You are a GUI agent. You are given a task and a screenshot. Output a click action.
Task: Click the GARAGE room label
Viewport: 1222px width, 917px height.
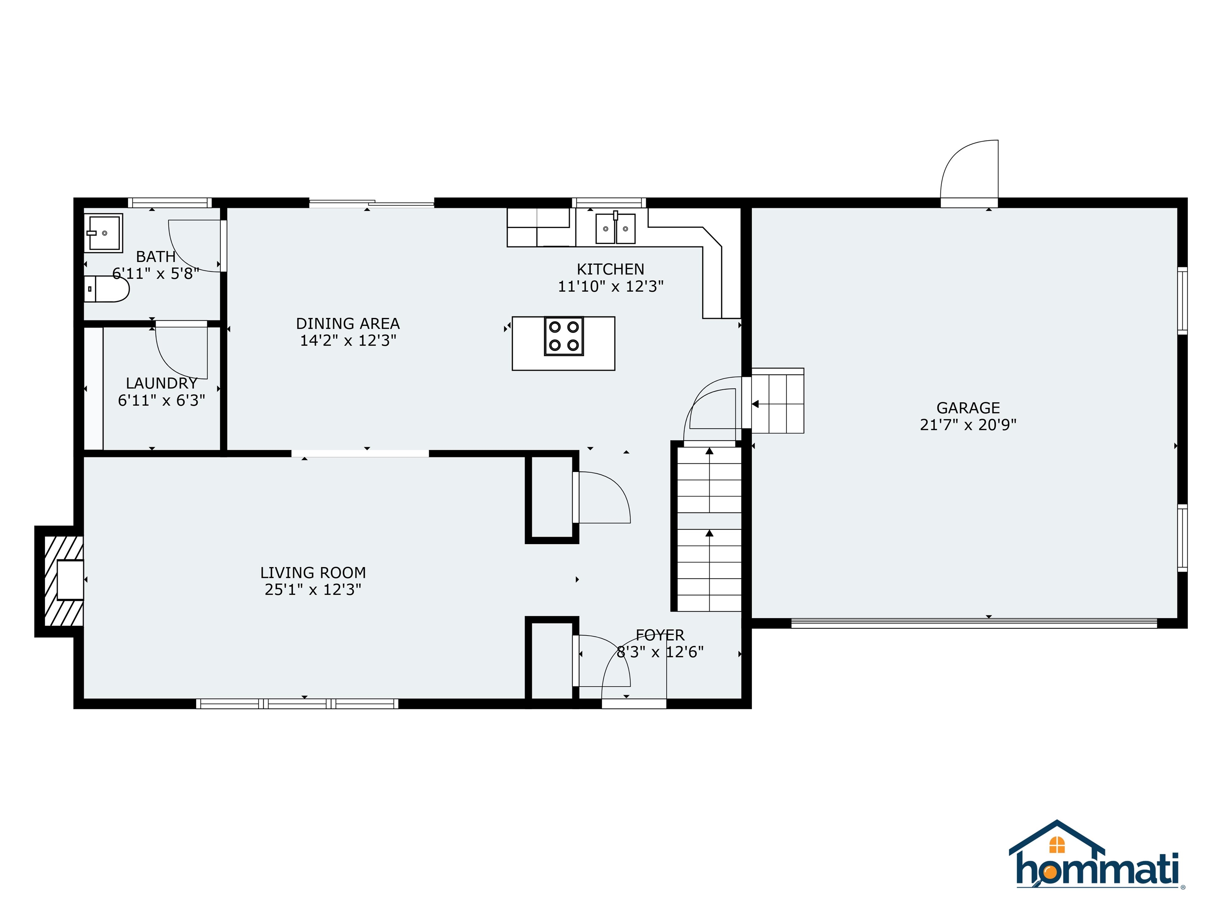[x=968, y=408]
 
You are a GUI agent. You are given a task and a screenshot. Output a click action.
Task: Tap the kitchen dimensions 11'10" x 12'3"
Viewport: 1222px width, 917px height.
[x=611, y=286]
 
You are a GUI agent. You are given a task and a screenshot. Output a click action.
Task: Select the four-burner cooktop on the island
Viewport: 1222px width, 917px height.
[x=564, y=336]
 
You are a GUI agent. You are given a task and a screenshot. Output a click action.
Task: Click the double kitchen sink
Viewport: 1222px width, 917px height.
[x=615, y=229]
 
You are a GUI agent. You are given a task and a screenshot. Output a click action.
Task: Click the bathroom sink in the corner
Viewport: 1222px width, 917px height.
[x=103, y=233]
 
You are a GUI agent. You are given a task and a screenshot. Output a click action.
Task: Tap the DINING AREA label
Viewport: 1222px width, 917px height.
[x=348, y=323]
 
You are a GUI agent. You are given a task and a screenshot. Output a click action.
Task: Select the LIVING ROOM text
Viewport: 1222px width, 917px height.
[x=313, y=573]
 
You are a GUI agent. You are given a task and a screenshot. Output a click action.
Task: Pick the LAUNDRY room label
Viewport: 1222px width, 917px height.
[x=162, y=383]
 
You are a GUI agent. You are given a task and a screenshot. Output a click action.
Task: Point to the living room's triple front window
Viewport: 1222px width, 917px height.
[x=297, y=704]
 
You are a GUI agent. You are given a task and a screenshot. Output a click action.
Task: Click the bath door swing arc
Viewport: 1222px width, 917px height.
[x=193, y=246]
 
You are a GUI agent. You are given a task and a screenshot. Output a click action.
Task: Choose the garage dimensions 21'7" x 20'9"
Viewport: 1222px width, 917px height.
[x=968, y=425]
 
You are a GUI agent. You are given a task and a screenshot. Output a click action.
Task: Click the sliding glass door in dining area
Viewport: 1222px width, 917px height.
[x=371, y=203]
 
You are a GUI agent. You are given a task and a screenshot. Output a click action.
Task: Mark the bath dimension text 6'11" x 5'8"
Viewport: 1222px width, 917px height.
[x=156, y=273]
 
